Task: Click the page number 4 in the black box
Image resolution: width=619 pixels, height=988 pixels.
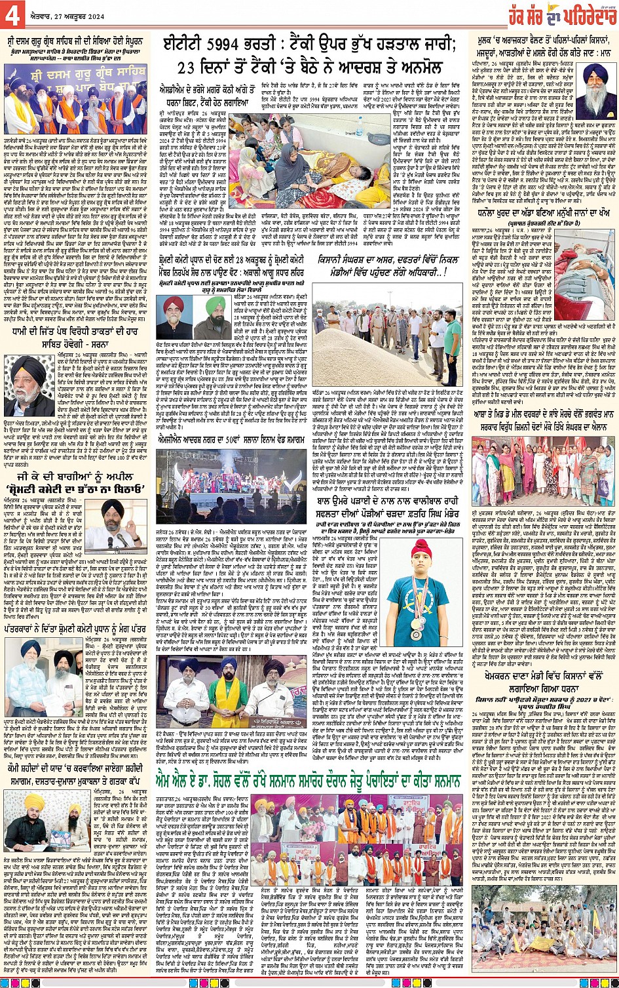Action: pyautogui.click(x=12, y=12)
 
